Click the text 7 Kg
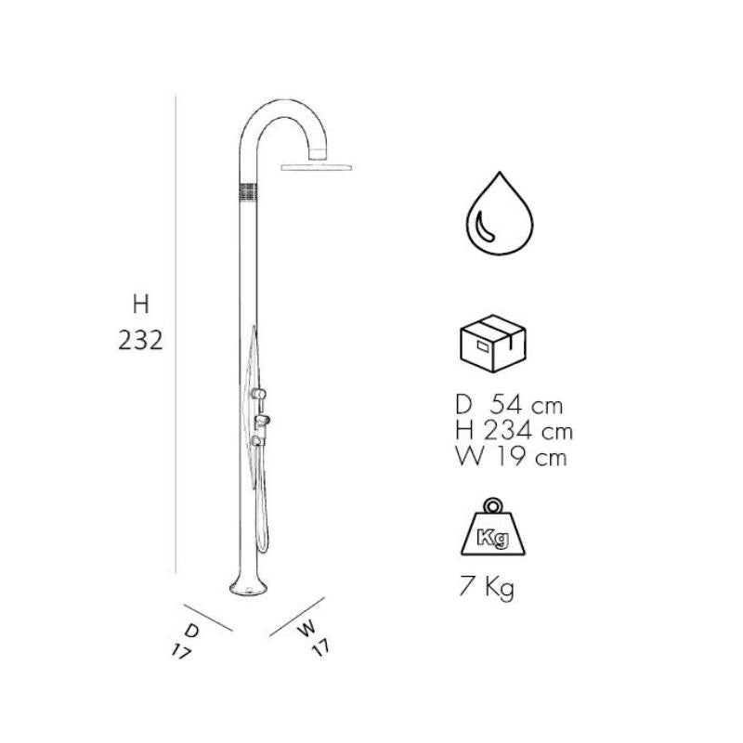point(486,589)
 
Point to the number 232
point(141,341)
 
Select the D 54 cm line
point(509,406)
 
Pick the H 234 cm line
point(514,431)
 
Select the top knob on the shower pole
point(262,394)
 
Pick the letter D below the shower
point(192,630)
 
